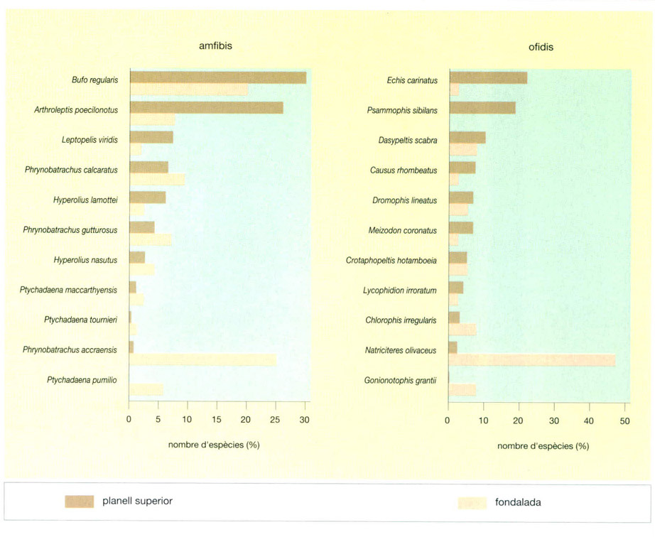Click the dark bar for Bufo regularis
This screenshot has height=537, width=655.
[217, 77]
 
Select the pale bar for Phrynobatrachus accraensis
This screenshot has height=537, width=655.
[202, 359]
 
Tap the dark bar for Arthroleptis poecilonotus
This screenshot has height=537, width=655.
[206, 107]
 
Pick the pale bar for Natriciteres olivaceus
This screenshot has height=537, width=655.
[532, 360]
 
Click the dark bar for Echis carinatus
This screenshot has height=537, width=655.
[488, 77]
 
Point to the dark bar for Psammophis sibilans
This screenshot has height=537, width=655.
[482, 108]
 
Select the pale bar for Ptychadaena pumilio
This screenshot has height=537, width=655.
[146, 389]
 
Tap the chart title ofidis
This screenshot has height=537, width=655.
[541, 48]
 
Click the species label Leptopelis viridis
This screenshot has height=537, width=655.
[90, 141]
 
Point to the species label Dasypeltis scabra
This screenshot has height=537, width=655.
[408, 141]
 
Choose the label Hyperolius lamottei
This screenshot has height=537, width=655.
[85, 200]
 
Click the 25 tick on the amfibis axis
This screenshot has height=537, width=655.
[276, 420]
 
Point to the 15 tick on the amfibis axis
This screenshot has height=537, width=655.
[217, 420]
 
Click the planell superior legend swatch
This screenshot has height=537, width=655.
[80, 501]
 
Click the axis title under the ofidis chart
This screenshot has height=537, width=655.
[543, 446]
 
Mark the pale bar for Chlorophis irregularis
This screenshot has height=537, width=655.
[462, 330]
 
